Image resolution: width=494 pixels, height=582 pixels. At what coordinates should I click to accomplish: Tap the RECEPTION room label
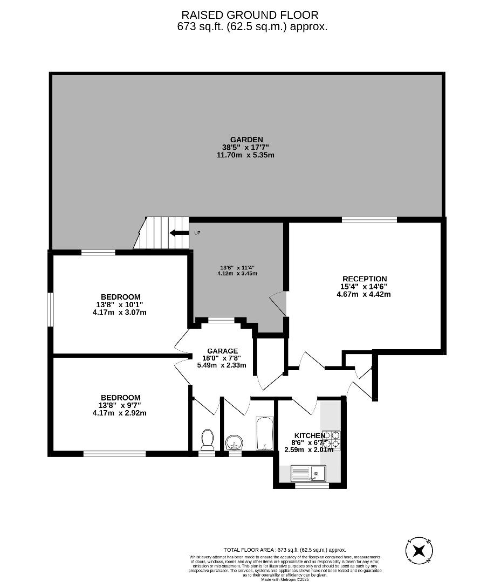[365, 279]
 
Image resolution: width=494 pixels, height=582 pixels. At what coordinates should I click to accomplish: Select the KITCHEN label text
[310, 435]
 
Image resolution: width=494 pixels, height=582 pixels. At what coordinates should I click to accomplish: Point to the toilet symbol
[207, 439]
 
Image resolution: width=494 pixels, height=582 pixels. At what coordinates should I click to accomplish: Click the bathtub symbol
[264, 434]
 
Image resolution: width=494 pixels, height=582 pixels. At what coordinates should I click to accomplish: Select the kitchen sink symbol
[308, 474]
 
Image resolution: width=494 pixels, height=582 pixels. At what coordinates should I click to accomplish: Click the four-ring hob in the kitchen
[332, 439]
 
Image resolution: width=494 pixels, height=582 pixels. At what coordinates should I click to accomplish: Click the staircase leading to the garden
[162, 233]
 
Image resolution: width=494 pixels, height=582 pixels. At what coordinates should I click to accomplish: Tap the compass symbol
[419, 551]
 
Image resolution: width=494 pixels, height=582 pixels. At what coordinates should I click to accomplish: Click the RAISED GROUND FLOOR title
[250, 15]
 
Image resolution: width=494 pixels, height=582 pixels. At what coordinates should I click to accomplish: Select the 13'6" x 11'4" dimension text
[237, 267]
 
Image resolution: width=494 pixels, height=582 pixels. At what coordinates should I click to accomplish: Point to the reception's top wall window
[369, 219]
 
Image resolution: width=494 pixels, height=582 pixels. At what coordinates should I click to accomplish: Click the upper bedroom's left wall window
[51, 309]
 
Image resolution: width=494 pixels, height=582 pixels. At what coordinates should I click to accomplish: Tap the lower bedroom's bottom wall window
[114, 454]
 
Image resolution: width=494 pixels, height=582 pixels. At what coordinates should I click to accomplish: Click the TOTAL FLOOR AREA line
[285, 549]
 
